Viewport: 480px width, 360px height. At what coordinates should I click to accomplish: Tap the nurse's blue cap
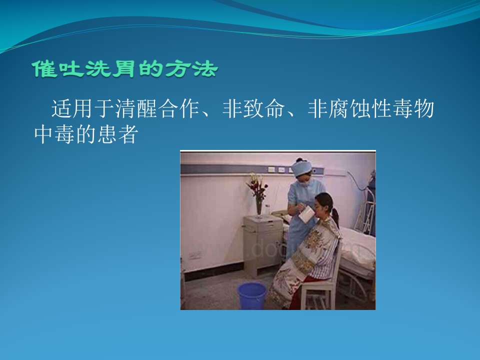click(x=301, y=168)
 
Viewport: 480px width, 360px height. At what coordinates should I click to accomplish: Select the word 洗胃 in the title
click(x=102, y=70)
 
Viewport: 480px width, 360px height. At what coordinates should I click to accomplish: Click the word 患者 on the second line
click(x=119, y=134)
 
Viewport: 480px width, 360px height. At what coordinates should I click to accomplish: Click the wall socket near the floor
click(x=195, y=255)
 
